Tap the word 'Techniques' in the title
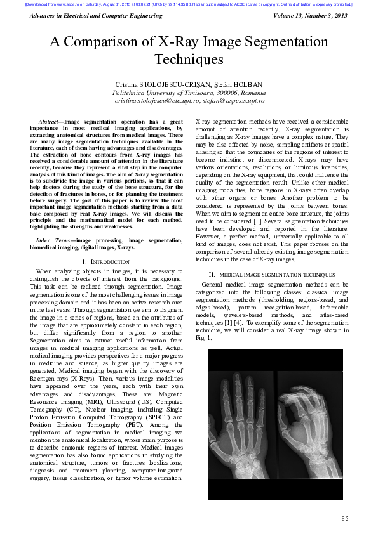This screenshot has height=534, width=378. click(x=189, y=60)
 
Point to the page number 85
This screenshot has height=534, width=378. click(x=344, y=518)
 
